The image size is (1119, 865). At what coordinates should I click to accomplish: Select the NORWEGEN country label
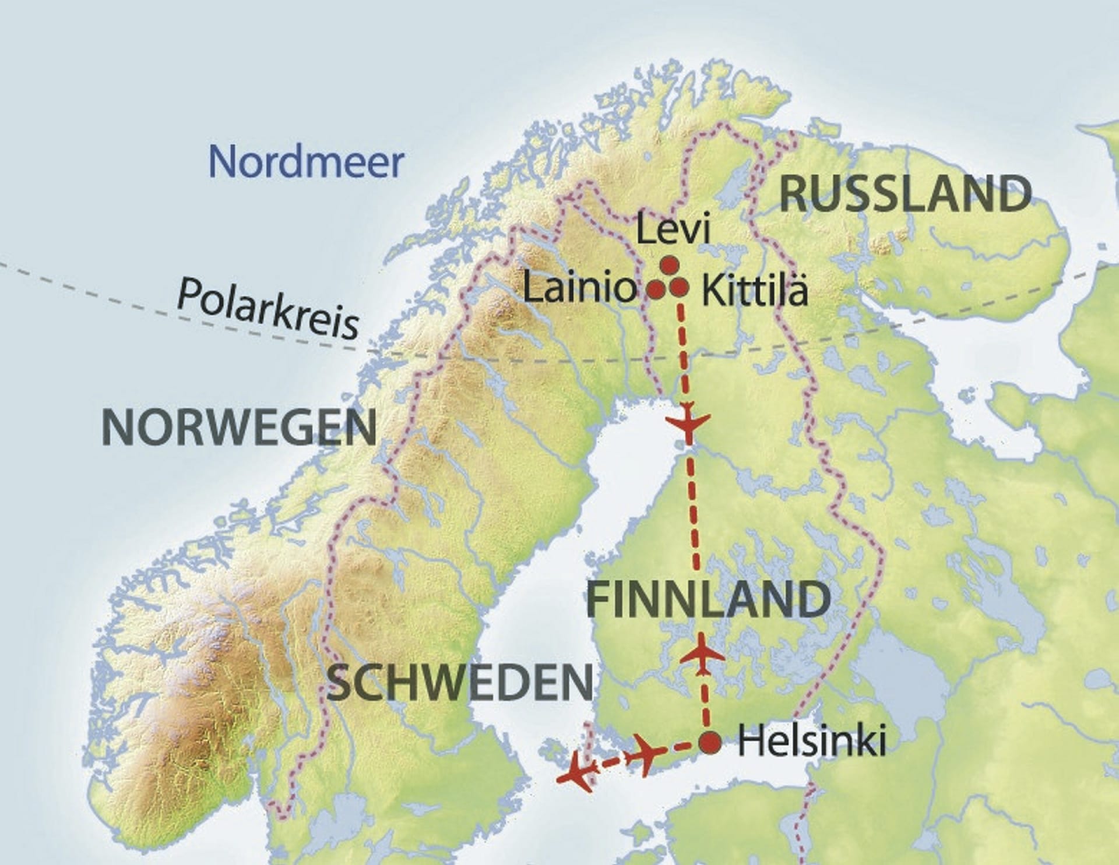click(239, 428)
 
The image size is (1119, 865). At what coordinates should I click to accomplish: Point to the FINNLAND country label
click(709, 599)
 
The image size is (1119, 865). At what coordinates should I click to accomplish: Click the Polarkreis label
click(268, 309)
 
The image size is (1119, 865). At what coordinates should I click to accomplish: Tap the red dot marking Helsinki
click(709, 742)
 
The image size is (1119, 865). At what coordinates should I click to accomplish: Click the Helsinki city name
click(811, 742)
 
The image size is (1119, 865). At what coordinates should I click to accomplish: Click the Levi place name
click(673, 230)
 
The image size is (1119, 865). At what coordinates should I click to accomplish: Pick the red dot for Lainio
click(656, 288)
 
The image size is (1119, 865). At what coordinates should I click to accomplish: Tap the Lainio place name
click(580, 288)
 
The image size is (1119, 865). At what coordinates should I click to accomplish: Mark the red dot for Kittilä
click(680, 287)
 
